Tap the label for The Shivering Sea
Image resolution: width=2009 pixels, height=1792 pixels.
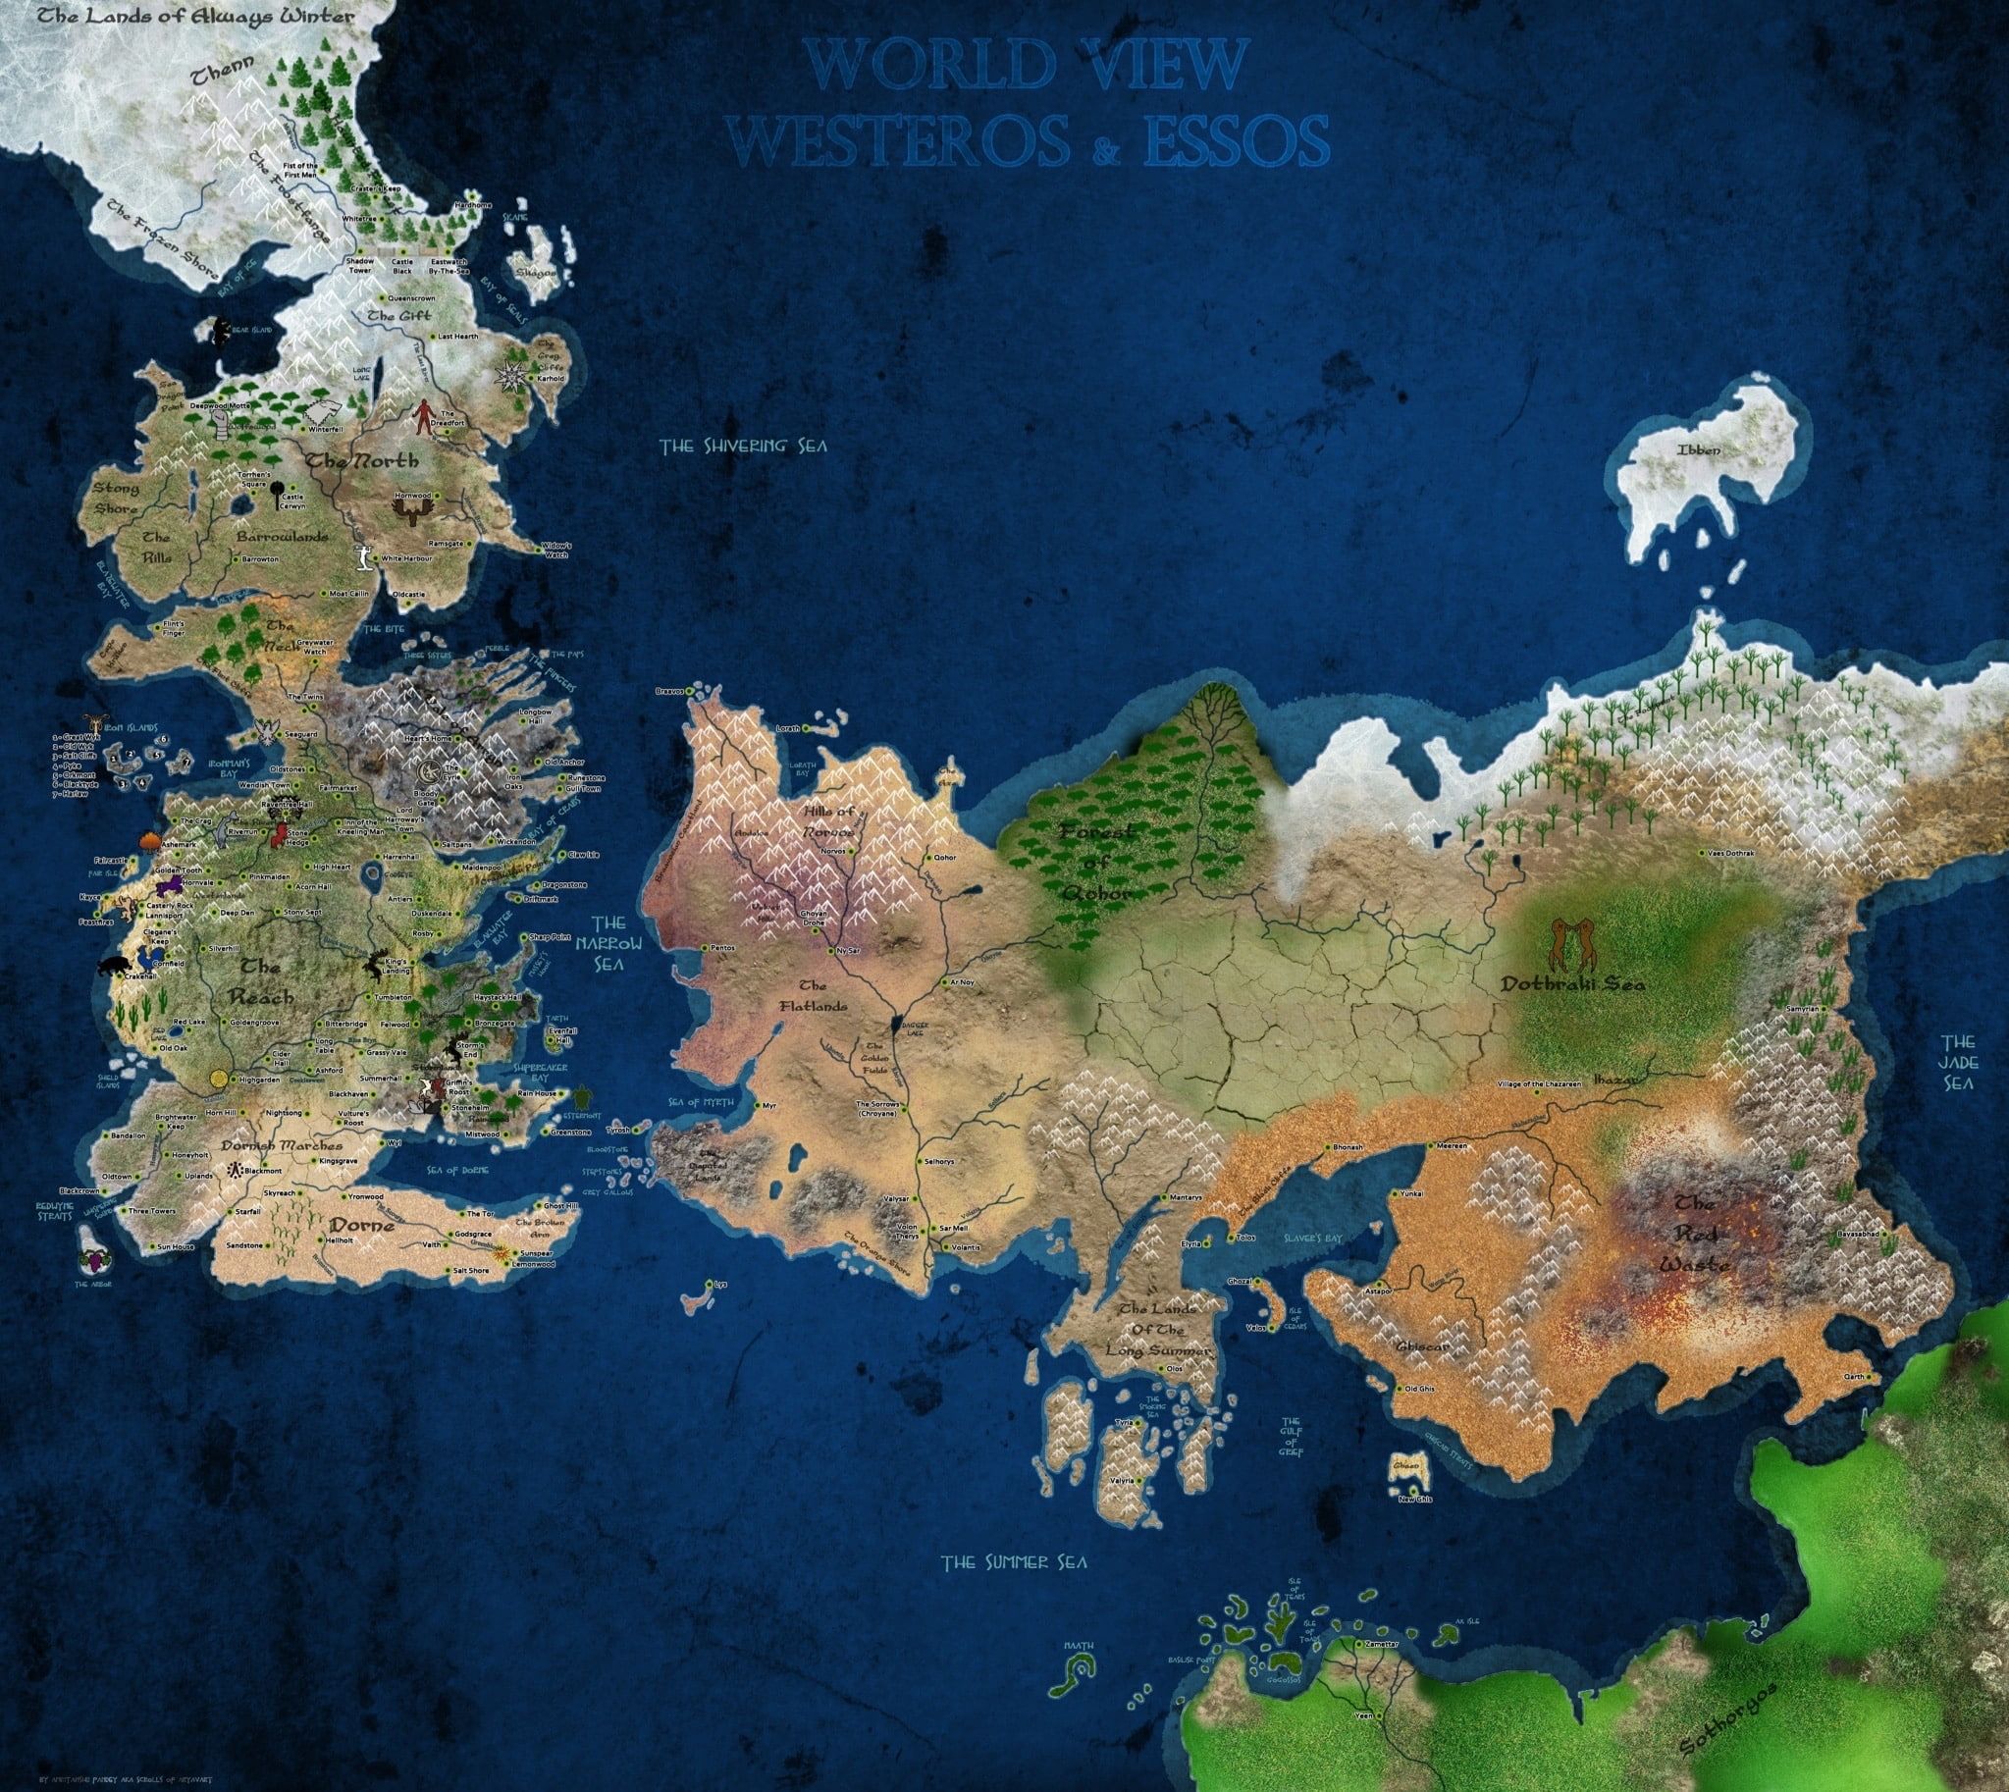click(x=744, y=446)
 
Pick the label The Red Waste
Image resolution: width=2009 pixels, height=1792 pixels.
click(x=1700, y=1232)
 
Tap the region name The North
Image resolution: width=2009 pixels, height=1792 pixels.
click(x=361, y=461)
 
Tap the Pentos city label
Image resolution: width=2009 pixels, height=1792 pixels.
click(x=723, y=947)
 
